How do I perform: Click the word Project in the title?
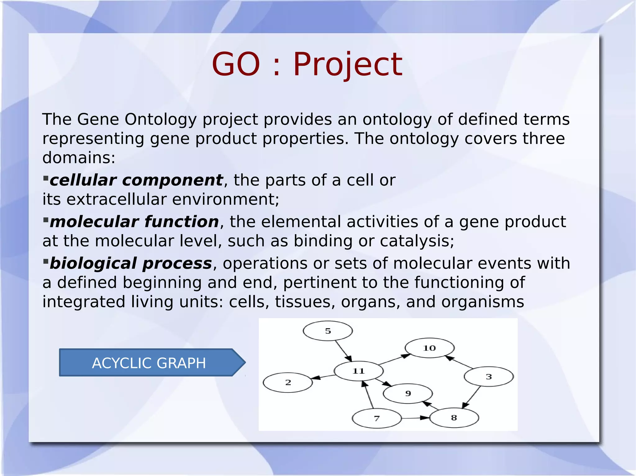(348, 65)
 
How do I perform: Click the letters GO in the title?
(236, 65)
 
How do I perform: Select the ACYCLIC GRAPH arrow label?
(149, 363)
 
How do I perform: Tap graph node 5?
(328, 331)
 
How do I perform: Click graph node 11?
(358, 371)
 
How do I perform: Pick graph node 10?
(429, 348)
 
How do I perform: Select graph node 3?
(488, 377)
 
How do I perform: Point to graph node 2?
(288, 383)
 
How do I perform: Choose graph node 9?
(408, 394)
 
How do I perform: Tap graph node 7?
(376, 419)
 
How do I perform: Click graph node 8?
(454, 418)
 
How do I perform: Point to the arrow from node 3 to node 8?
(472, 397)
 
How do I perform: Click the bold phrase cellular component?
(136, 180)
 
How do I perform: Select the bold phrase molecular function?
(134, 222)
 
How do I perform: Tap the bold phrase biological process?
(130, 263)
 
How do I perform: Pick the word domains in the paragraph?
(79, 158)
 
